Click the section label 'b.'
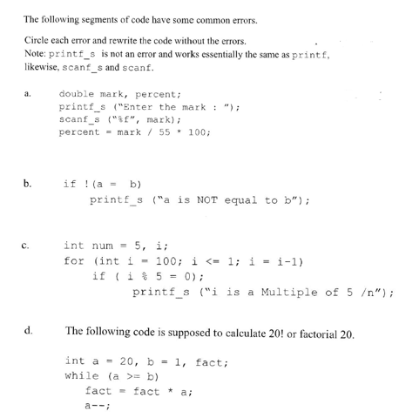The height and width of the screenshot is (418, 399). [x=29, y=185]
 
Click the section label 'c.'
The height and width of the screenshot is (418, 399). [x=30, y=247]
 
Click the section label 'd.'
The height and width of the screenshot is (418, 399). [x=30, y=331]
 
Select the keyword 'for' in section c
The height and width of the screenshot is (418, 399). [x=75, y=260]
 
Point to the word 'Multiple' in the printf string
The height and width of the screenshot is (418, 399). [x=288, y=292]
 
